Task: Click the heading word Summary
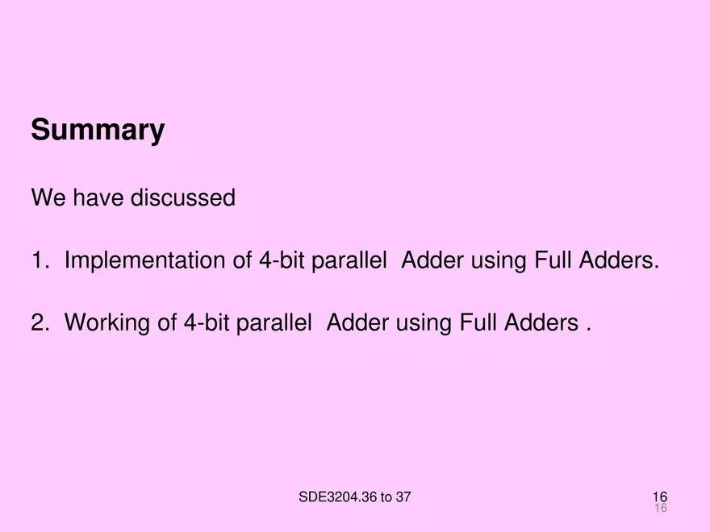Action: point(98,131)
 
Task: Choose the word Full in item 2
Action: point(479,323)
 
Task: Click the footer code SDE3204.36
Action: point(338,497)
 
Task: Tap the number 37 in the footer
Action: point(402,497)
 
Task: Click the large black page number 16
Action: point(660,497)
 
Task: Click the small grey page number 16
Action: point(661,509)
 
